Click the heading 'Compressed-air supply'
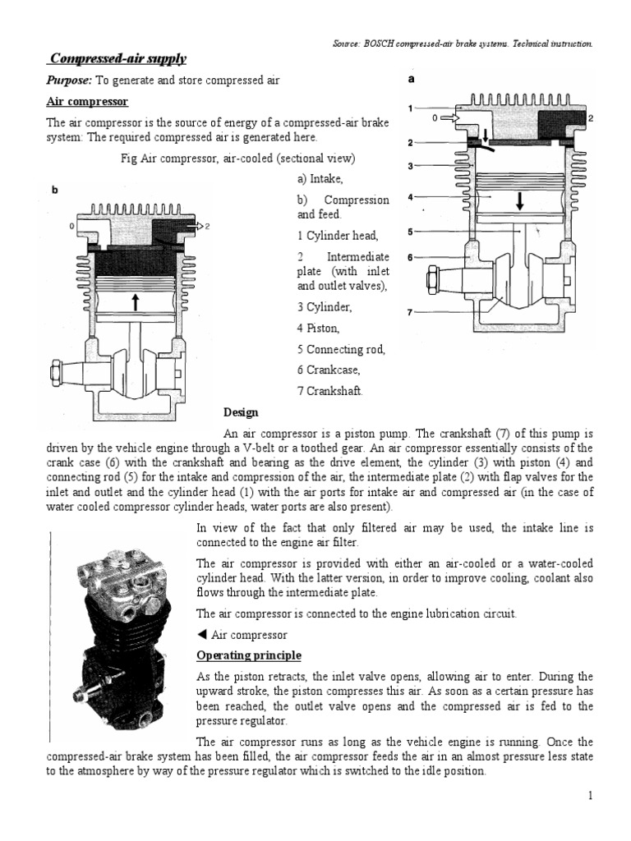(x=117, y=58)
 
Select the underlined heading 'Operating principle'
(x=249, y=655)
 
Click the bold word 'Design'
(x=241, y=412)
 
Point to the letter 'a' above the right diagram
(x=412, y=80)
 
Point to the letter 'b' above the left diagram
(x=55, y=191)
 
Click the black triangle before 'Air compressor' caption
(x=202, y=635)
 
